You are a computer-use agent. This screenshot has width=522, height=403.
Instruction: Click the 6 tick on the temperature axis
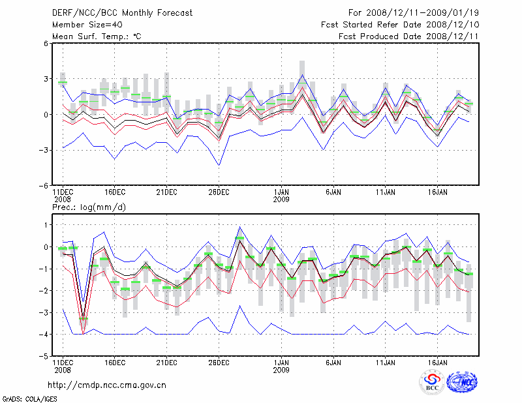point(46,44)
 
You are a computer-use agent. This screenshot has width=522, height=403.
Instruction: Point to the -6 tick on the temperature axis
point(44,185)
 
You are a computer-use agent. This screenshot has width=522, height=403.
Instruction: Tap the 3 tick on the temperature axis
point(46,79)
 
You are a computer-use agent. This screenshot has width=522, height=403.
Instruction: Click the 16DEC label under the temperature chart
point(115,192)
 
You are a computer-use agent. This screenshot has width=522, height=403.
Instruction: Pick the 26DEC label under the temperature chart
point(219,192)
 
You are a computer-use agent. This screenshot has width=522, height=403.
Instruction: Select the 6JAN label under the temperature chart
point(333,192)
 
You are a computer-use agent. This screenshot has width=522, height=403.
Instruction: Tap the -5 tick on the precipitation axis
point(44,357)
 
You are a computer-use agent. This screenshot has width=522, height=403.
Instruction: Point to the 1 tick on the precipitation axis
point(46,225)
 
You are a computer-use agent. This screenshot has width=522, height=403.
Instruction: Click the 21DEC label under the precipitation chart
point(167,361)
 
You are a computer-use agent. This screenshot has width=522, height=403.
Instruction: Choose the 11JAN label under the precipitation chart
point(386,361)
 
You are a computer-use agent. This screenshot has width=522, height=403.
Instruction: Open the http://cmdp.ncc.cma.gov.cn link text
point(107,385)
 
